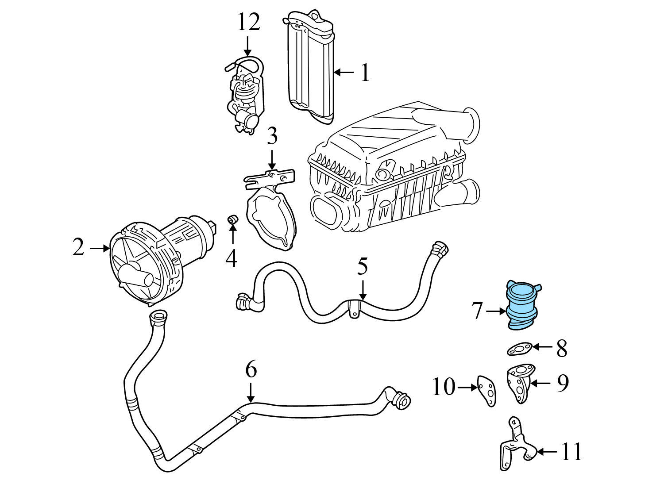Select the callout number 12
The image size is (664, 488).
pos(248,22)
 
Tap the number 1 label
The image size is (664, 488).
pos(365,73)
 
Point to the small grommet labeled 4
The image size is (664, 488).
pos(232,219)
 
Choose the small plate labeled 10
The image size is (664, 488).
pos(486,390)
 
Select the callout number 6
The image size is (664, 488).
pos(251,370)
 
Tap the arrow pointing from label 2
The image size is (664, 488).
pos(99,249)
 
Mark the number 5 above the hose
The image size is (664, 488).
pos(363,266)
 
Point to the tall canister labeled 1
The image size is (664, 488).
pos(310,66)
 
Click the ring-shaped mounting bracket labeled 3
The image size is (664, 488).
pos(271,212)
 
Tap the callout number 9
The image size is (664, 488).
pos(562,383)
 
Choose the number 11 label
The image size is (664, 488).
pos(571,452)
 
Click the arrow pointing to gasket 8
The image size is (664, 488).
pos(542,347)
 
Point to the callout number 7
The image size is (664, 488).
pos(477,311)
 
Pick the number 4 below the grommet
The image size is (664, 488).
pos(232,258)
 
